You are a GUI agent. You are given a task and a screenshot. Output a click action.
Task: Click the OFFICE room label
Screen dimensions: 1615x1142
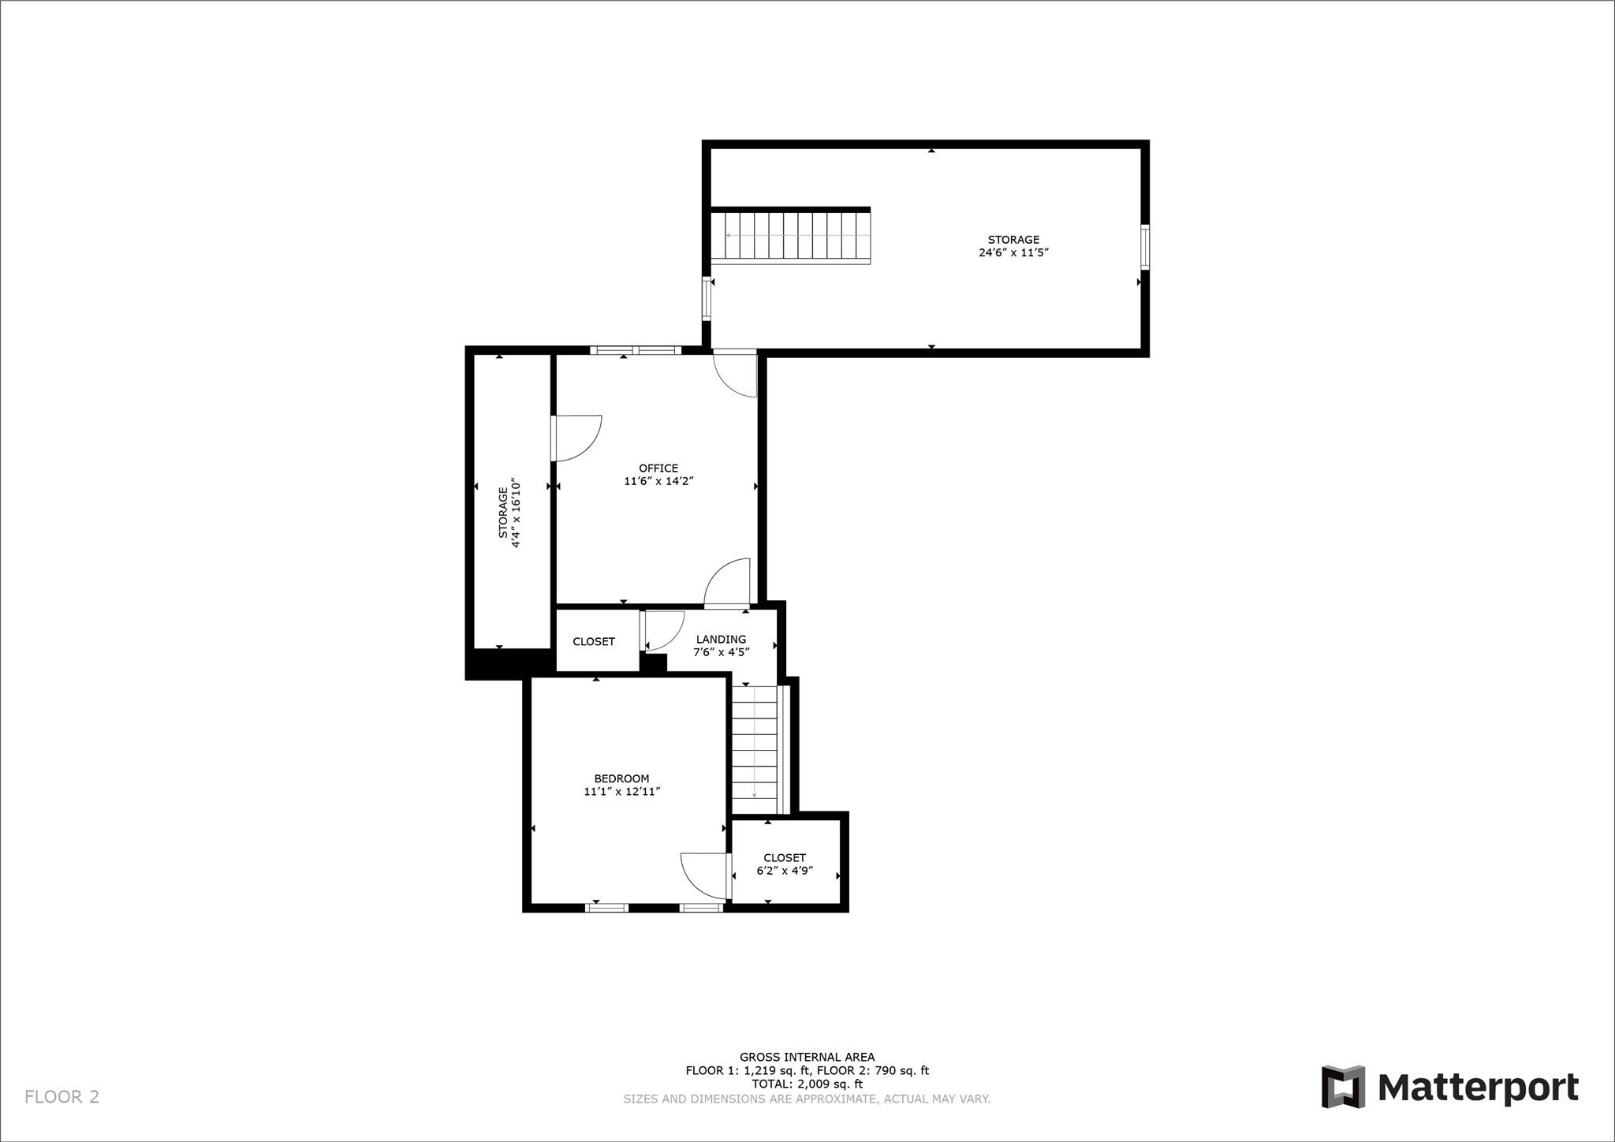658,468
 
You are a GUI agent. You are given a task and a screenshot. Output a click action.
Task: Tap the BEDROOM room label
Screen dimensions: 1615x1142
621,778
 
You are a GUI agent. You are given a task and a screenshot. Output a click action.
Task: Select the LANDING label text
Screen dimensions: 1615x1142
721,640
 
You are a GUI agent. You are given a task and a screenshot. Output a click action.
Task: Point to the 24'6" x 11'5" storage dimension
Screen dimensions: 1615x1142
1013,253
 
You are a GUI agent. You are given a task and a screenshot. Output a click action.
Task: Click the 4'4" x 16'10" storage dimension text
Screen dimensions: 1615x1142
517,512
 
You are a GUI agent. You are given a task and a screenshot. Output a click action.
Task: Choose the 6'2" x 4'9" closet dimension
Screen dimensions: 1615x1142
785,871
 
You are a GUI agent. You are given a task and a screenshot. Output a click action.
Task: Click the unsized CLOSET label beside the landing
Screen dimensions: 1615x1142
594,642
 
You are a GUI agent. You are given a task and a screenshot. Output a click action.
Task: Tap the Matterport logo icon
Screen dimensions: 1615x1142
1343,1086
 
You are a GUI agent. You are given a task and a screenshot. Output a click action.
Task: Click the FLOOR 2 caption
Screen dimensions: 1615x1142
62,1096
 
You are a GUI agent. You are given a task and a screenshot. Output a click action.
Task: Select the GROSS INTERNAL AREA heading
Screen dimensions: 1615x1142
807,1057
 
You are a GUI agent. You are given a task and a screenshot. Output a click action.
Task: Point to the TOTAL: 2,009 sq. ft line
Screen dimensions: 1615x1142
807,1084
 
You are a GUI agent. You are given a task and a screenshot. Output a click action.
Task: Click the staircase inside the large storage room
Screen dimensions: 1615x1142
791,235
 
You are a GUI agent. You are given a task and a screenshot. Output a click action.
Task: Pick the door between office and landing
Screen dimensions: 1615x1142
726,584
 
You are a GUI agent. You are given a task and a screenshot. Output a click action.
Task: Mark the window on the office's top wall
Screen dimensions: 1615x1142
635,350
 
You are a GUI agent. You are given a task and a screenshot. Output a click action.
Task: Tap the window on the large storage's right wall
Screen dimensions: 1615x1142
1145,247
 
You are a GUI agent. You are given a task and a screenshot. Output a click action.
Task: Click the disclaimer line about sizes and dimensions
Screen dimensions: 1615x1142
807,1099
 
